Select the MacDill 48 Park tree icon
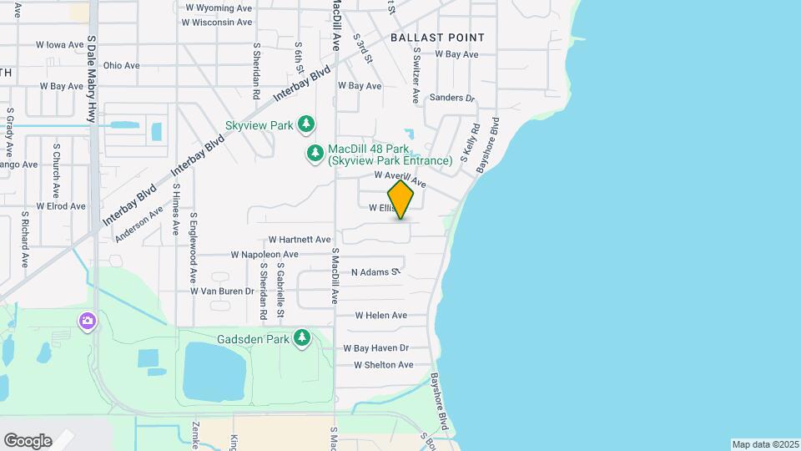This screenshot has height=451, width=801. coord(315,153)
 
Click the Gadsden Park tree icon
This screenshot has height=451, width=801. coord(302,339)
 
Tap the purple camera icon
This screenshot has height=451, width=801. coord(87,321)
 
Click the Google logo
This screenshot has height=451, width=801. coord(28,441)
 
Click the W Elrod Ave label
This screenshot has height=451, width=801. coord(61,206)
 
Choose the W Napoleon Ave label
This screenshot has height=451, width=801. coord(264,255)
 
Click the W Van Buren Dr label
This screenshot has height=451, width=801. coord(222,291)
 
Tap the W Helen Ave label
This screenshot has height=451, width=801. coord(380,316)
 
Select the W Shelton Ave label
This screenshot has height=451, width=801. coord(383,365)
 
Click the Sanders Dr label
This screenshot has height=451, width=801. coord(451,98)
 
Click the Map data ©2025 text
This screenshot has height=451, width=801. coord(765,444)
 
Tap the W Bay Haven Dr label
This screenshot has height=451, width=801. coord(375,348)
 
